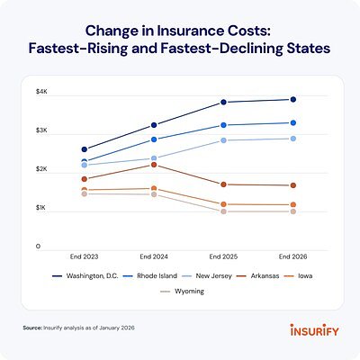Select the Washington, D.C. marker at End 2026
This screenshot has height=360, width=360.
pyautogui.click(x=293, y=99)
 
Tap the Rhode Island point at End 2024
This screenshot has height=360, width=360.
pyautogui.click(x=153, y=139)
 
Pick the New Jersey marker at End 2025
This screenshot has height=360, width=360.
pyautogui.click(x=224, y=140)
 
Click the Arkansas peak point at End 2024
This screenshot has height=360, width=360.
pyautogui.click(x=153, y=165)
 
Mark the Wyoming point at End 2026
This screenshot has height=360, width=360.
pyautogui.click(x=293, y=211)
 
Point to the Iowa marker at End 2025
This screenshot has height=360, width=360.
pyautogui.click(x=224, y=204)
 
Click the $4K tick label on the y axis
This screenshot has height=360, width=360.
pyautogui.click(x=41, y=94)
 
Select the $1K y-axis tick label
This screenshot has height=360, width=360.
pyautogui.click(x=41, y=207)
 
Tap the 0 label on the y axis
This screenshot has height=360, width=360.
pyautogui.click(x=39, y=245)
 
